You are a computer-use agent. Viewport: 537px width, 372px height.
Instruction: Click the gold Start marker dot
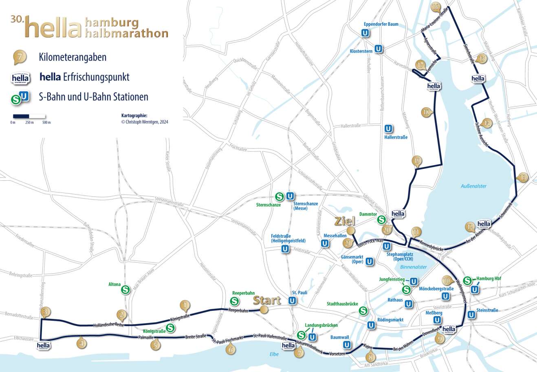pyautogui.click(x=264, y=310)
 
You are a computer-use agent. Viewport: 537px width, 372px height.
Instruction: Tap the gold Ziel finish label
pyautogui.click(x=345, y=221)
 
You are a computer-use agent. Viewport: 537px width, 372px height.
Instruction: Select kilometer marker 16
pyautogui.click(x=436, y=7)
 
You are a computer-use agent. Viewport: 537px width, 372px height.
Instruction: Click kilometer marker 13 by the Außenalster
pyautogui.click(x=522, y=177)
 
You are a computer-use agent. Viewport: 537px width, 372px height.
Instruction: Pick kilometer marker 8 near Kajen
pyautogui.click(x=370, y=357)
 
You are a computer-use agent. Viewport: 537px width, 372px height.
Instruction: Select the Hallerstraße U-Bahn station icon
pyautogui.click(x=388, y=129)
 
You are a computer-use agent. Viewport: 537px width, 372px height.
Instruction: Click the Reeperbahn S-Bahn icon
pyautogui.click(x=234, y=301)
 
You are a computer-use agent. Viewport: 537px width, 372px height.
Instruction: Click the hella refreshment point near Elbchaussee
pyautogui.click(x=43, y=345)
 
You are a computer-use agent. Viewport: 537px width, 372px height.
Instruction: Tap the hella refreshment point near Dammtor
pyautogui.click(x=398, y=214)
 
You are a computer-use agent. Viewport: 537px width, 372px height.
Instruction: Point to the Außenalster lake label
pyautogui.click(x=473, y=186)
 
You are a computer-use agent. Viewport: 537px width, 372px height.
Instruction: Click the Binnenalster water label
pyautogui.click(x=414, y=267)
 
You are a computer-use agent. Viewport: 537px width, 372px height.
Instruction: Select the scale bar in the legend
pyautogui.click(x=29, y=116)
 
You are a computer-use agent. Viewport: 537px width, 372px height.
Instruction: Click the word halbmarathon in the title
pyautogui.click(x=127, y=33)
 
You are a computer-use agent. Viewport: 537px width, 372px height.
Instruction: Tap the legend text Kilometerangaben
pyautogui.click(x=73, y=57)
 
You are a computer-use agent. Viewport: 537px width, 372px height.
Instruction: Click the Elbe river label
pyautogui.click(x=274, y=354)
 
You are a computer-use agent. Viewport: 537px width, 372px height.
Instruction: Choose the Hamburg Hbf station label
pyautogui.click(x=488, y=279)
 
